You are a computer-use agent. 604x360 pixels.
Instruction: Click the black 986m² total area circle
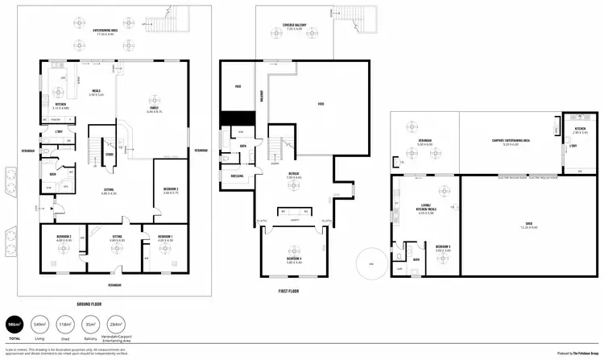click(x=13, y=325)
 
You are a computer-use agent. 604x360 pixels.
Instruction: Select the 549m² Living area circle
click(x=39, y=325)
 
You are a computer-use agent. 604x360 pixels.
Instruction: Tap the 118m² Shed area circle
click(x=64, y=325)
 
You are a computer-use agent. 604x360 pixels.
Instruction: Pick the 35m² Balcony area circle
click(x=91, y=325)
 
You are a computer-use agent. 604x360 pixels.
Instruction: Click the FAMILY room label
click(x=152, y=109)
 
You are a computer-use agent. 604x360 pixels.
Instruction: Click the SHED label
click(x=528, y=226)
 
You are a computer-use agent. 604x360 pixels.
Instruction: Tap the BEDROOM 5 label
click(x=442, y=247)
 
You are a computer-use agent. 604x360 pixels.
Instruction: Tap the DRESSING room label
click(x=238, y=176)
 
